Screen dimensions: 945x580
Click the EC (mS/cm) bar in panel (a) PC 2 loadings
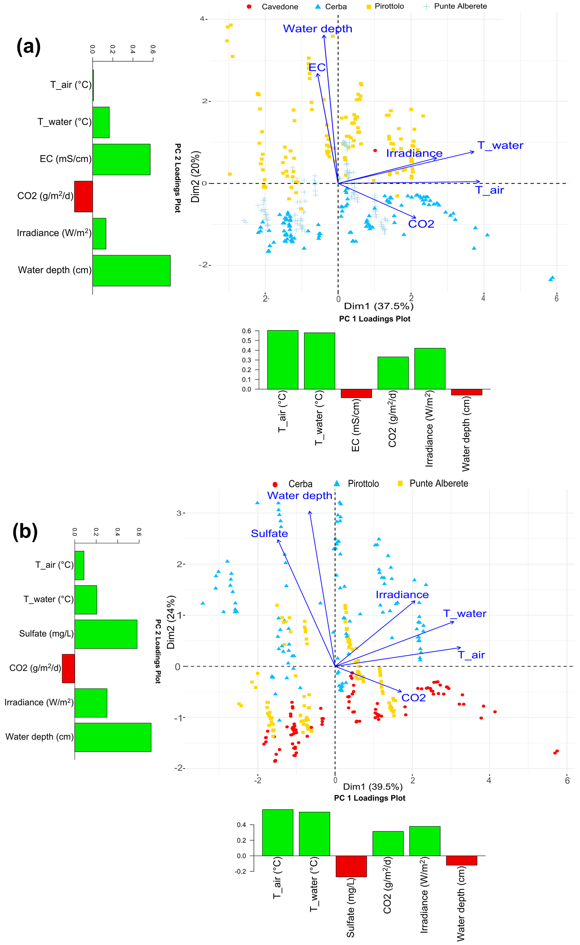pos(121,159)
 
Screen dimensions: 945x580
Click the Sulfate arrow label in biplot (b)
pos(269,533)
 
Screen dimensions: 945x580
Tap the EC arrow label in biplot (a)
pos(317,68)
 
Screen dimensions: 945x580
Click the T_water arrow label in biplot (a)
pos(500,146)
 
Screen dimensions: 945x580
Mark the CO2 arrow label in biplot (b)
pos(414,698)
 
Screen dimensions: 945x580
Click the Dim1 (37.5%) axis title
pos(379,306)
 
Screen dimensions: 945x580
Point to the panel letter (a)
pos(28,47)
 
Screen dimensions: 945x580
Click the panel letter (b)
pos(25,531)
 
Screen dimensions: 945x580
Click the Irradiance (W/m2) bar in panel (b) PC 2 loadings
pos(91,703)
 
